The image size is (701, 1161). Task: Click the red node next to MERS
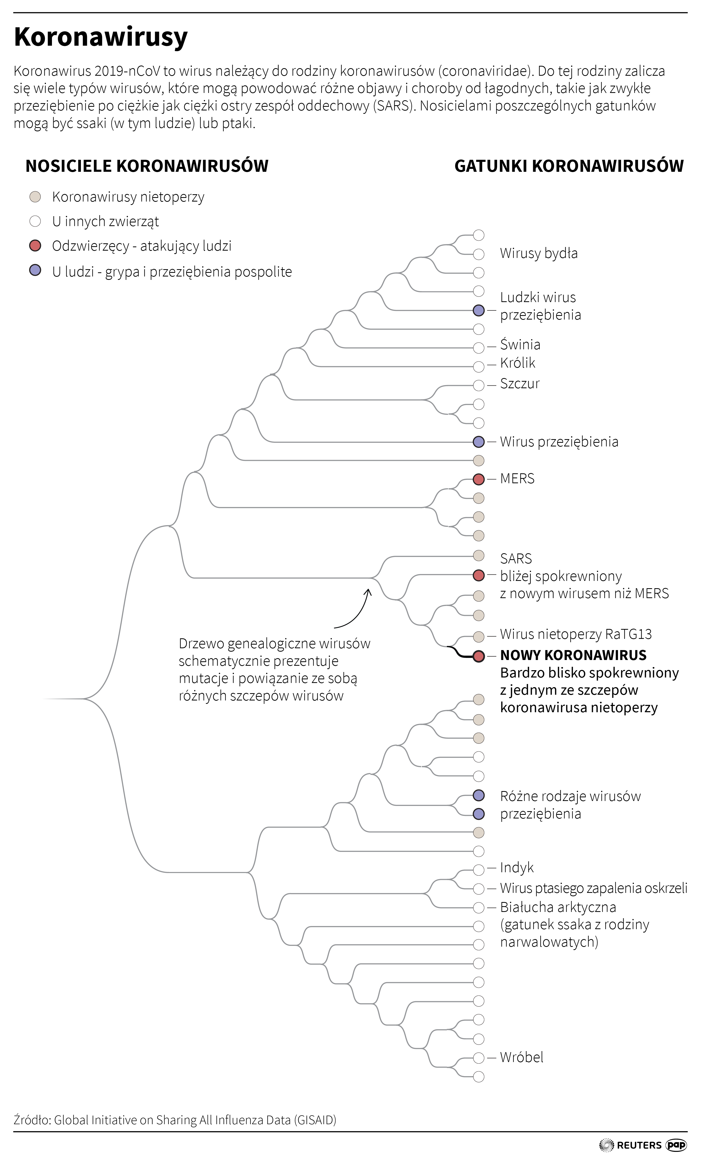point(478,479)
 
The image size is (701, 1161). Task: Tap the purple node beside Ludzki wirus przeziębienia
point(478,310)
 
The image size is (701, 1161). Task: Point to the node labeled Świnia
point(478,348)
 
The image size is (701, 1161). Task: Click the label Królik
point(518,363)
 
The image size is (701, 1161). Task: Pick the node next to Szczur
point(478,385)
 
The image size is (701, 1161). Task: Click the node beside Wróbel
point(478,1057)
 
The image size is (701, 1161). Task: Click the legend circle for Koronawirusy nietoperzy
point(35,197)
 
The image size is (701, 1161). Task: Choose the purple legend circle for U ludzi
point(35,271)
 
